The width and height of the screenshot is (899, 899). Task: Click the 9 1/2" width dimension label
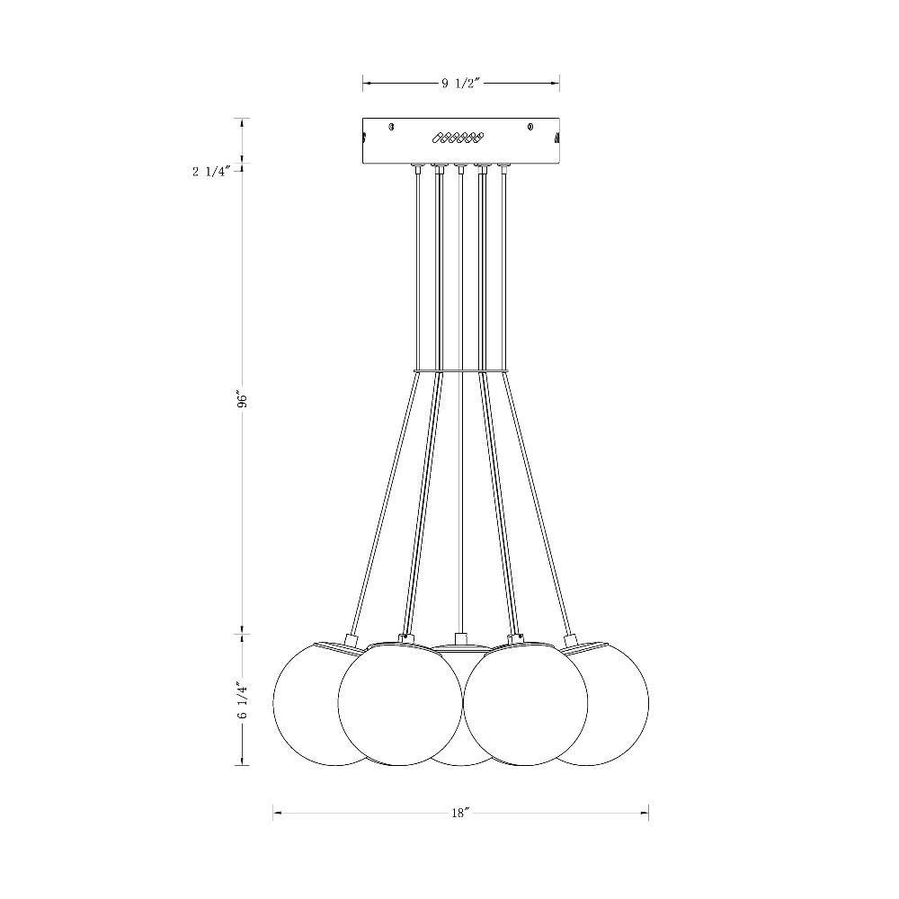pyautogui.click(x=459, y=83)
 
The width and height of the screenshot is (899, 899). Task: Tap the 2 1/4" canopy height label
pyautogui.click(x=211, y=171)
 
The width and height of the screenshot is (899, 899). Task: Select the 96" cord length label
pyautogui.click(x=242, y=400)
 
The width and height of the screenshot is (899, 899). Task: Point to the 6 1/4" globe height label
pyautogui.click(x=242, y=700)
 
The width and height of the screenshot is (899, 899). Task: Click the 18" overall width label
pyautogui.click(x=460, y=813)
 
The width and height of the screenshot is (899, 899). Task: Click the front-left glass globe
pyautogui.click(x=400, y=704)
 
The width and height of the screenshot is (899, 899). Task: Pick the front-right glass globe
pyautogui.click(x=525, y=704)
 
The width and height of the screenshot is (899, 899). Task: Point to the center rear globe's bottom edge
pyautogui.click(x=461, y=764)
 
